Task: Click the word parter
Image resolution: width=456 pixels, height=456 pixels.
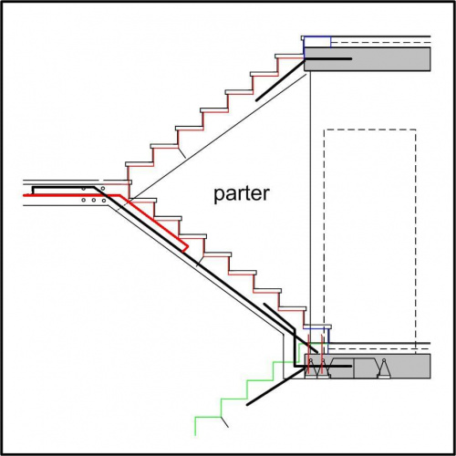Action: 242,194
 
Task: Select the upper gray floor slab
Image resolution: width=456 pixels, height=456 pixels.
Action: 368,59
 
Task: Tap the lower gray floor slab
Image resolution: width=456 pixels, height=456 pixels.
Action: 368,366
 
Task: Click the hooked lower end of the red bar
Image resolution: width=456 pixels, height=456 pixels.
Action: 185,249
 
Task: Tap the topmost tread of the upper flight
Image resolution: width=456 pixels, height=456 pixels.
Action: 289,56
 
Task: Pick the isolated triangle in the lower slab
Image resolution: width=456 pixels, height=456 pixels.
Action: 384,368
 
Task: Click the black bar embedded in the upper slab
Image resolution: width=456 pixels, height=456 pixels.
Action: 328,58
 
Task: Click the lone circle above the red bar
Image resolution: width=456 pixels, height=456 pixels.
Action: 103,189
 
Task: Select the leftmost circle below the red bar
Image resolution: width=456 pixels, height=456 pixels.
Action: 83,201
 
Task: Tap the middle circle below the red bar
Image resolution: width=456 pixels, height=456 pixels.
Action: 94,201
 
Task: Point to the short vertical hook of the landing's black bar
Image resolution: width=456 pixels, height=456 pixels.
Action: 33,191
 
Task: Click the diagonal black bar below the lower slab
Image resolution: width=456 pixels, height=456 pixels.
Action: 275,386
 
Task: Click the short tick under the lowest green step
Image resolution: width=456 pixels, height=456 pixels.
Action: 224,422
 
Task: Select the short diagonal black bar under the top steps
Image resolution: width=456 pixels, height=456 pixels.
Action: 280,80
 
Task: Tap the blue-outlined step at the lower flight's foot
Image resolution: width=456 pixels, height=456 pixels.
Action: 317,327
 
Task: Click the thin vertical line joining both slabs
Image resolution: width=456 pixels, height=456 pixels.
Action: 310,212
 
